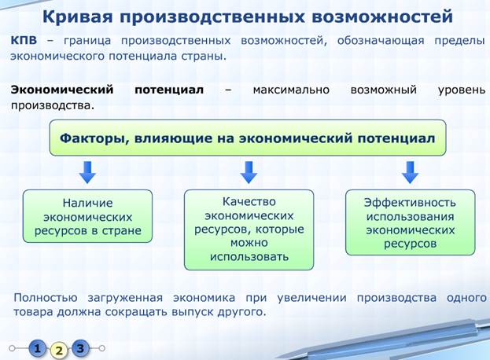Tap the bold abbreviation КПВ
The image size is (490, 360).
pos(24,41)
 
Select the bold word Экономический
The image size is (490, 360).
pos(62,90)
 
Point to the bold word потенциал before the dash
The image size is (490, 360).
pos(169,90)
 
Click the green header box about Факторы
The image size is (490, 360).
pos(248,138)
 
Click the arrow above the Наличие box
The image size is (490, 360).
pos(87,172)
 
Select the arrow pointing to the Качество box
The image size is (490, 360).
pos(249,172)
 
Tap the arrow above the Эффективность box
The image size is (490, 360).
pos(410,172)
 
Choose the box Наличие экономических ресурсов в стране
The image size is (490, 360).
pos(87,216)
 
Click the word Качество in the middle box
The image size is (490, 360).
pos(249,202)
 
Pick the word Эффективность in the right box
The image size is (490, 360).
pos(410,203)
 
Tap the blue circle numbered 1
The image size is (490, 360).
pos(38,348)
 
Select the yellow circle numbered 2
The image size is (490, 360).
pos(59,350)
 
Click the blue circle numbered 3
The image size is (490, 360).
pos(80,348)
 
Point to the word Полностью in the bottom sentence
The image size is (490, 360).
pos(46,298)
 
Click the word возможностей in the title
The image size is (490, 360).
pos(382,17)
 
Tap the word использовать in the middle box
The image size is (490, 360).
pos(249,257)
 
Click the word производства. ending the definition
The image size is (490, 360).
pos(53,106)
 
